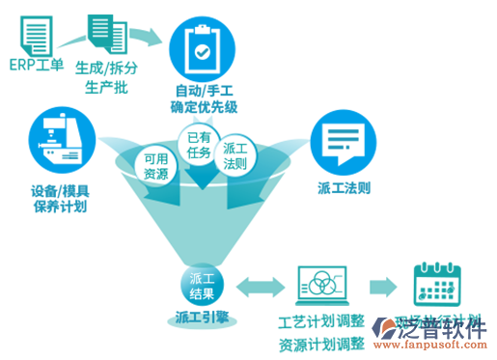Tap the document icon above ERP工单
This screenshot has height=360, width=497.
[x=37, y=32]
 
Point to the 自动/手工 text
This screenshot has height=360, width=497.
[x=201, y=92]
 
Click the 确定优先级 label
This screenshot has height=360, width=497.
[x=201, y=108]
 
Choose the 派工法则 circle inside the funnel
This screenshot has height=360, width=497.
[x=237, y=157]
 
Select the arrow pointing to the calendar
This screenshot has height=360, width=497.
[x=382, y=286]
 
